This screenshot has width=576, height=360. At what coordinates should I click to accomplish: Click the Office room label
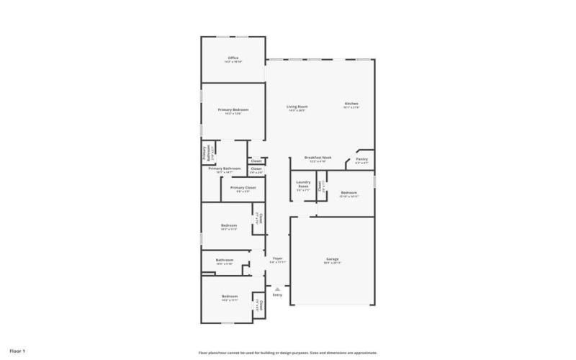(233, 58)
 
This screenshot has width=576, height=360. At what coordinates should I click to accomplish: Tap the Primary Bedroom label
(233, 109)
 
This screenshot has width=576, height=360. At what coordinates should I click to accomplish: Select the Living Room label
(297, 107)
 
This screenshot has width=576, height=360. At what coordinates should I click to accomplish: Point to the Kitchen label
(351, 104)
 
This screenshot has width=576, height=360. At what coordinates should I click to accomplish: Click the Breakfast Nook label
(317, 157)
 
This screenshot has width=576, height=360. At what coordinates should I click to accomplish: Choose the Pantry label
(361, 159)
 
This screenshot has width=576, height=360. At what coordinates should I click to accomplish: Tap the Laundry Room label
(303, 184)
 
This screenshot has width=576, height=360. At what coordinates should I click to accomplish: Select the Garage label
(332, 258)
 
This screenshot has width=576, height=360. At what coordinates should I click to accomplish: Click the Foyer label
(277, 258)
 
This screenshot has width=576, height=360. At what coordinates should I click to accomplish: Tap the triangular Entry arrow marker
(277, 289)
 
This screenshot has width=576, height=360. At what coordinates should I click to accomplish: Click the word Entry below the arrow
(277, 295)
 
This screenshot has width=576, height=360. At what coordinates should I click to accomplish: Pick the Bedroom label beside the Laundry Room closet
(348, 192)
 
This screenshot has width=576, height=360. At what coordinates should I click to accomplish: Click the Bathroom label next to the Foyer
(224, 260)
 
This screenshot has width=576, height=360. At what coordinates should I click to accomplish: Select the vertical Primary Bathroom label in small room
(204, 153)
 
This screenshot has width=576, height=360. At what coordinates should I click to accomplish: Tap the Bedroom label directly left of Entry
(229, 297)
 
